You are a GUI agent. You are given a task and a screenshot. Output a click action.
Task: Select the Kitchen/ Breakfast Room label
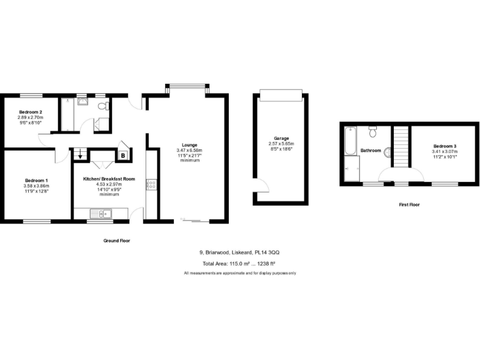[109, 179]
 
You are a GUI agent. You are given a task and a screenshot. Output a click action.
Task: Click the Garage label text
[281, 138]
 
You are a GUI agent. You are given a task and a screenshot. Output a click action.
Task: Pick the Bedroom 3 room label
[446, 146]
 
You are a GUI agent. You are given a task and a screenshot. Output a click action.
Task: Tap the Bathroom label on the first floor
[371, 151]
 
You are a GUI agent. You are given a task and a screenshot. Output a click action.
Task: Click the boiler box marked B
[123, 155]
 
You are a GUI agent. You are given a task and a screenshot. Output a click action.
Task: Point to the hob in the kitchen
[151, 184]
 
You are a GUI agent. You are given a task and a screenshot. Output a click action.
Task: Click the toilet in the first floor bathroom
[372, 131]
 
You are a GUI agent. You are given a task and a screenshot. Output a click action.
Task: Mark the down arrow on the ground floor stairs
[79, 157]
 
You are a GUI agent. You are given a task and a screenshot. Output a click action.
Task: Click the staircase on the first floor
[399, 146]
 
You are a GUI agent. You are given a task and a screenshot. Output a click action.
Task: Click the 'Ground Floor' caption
[117, 240]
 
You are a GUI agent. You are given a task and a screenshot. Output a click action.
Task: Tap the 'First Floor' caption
[409, 204]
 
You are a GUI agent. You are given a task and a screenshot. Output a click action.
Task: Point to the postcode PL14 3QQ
[267, 252]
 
